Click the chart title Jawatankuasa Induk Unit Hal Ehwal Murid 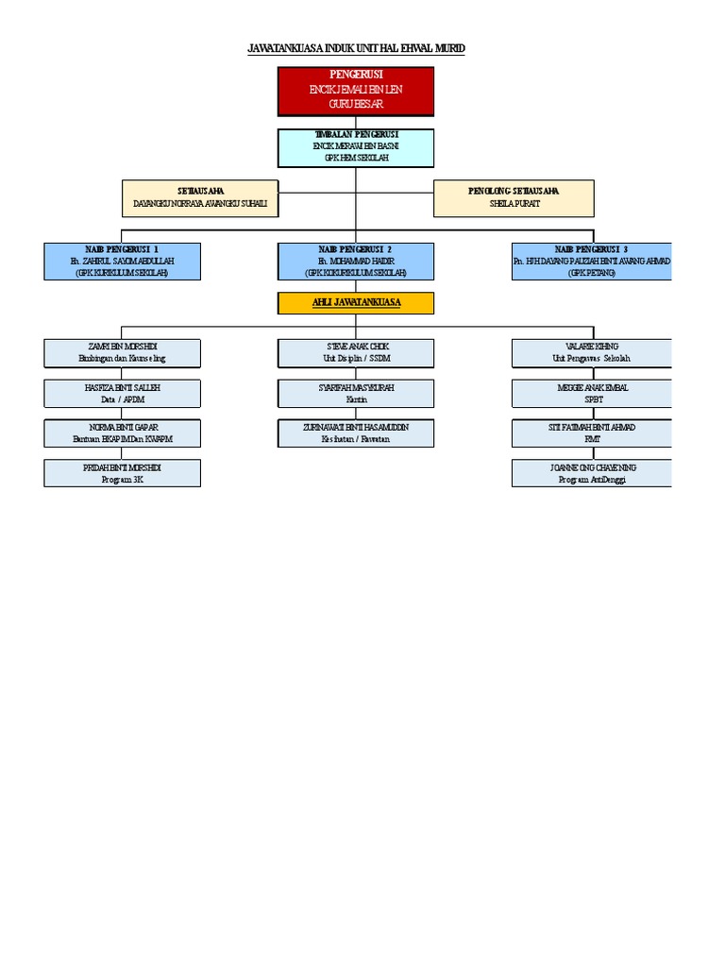coord(355,48)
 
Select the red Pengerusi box coord(355,91)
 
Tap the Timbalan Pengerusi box coord(355,147)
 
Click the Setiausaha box coord(200,197)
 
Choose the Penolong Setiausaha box coord(514,197)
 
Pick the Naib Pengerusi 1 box coord(122,261)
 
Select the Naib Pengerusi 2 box coord(355,261)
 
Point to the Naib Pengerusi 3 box coord(591,261)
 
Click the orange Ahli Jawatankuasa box coord(355,302)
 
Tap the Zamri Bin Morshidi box coord(122,353)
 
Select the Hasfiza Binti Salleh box coord(122,393)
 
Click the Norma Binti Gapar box coord(122,433)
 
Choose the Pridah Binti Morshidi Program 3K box coord(122,473)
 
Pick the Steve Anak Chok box coord(355,353)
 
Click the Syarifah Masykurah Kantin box coord(355,393)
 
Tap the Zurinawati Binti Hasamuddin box coord(355,433)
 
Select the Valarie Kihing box coord(591,353)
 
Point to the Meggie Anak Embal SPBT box coord(591,393)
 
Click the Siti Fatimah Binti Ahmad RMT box coord(591,433)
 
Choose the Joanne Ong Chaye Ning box coord(591,473)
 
